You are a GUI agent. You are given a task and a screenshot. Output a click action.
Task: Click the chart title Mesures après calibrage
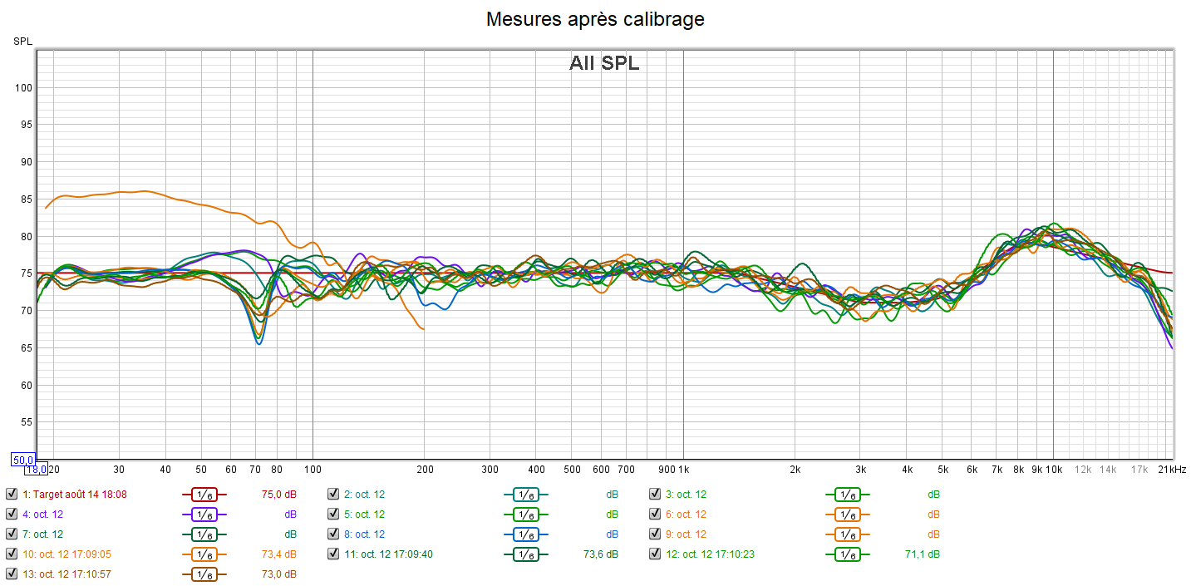point(595,19)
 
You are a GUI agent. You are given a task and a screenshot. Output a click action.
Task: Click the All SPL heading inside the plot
point(604,63)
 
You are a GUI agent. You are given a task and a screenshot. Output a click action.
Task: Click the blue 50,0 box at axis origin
point(22,460)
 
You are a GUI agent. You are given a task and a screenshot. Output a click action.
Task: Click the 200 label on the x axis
point(424,470)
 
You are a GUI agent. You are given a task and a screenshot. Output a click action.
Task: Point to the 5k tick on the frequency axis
point(942,470)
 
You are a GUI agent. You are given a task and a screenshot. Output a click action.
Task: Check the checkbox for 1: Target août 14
point(12,494)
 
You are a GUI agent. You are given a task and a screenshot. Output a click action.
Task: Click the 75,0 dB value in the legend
point(278,494)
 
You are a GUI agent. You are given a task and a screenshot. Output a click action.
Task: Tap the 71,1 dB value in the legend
point(923,554)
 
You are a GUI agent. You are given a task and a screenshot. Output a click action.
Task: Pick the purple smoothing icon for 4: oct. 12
point(204,515)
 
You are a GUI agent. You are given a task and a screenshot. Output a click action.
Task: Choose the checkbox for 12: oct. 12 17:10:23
point(656,554)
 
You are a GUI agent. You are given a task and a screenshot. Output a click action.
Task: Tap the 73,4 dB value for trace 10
point(278,554)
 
